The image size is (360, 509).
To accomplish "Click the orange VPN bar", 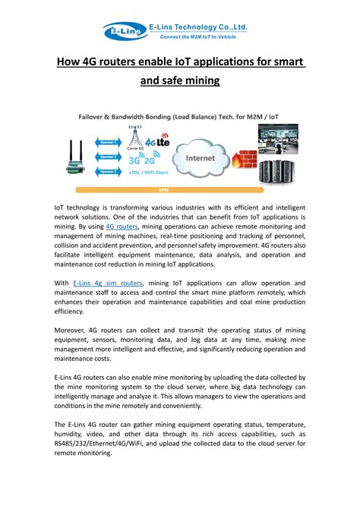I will (x=163, y=190).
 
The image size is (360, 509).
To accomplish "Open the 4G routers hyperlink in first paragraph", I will (x=122, y=226).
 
